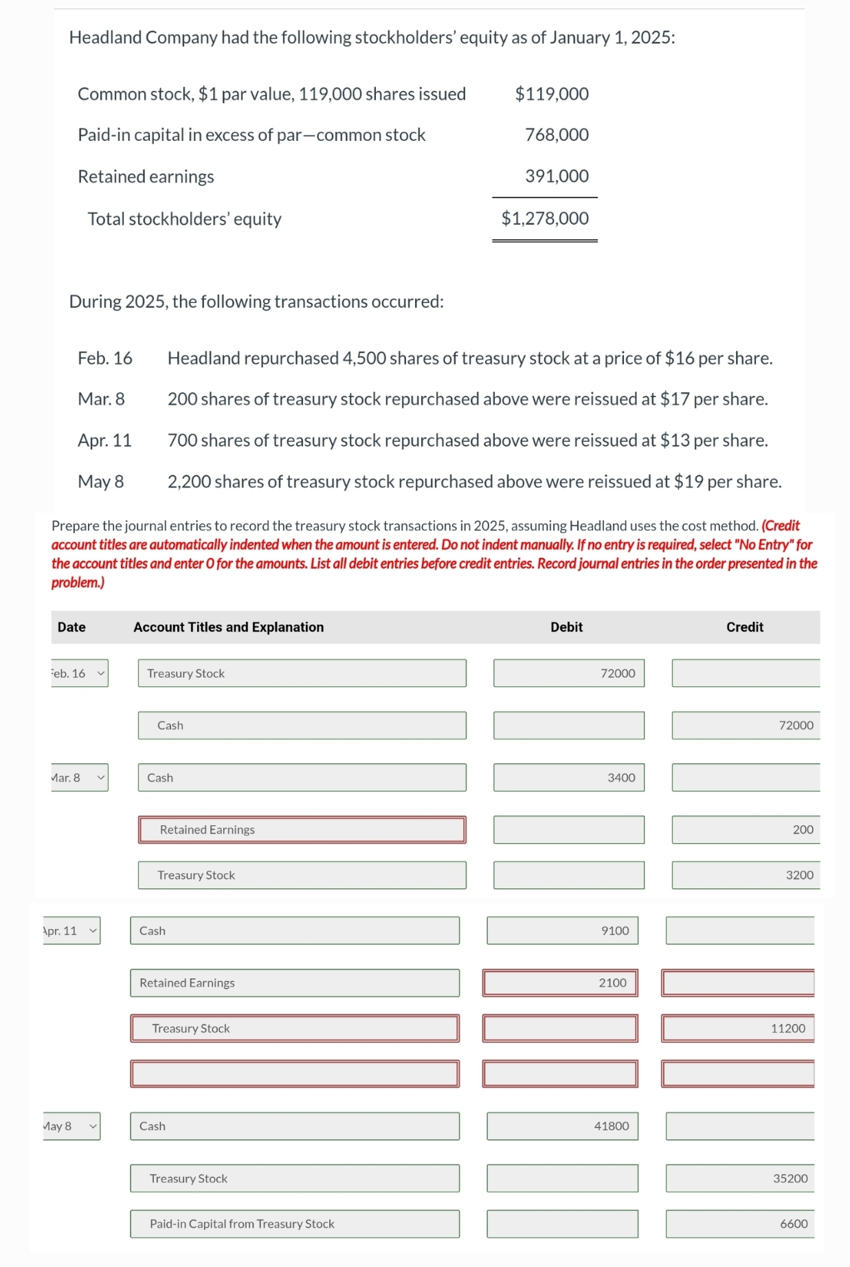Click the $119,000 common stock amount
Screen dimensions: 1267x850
click(551, 94)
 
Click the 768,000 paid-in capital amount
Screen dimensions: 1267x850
click(557, 135)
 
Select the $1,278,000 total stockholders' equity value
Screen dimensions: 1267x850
click(545, 218)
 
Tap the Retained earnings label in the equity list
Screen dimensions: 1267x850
click(146, 177)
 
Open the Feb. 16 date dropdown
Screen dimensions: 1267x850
click(79, 673)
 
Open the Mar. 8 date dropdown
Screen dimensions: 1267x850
click(79, 778)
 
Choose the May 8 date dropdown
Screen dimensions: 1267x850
click(71, 1126)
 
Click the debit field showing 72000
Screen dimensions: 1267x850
click(568, 673)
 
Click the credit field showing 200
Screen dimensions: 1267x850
click(746, 829)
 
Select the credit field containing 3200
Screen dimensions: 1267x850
click(746, 875)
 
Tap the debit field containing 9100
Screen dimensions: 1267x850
click(562, 930)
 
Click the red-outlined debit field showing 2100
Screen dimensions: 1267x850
click(559, 983)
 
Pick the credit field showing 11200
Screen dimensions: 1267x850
click(739, 1028)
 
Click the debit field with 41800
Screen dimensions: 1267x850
click(562, 1126)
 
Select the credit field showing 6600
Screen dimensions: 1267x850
click(739, 1224)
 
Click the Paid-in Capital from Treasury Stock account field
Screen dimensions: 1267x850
click(295, 1224)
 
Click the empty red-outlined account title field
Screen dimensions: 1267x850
click(295, 1073)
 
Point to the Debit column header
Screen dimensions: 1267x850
click(566, 627)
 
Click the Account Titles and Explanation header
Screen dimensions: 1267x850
click(228, 627)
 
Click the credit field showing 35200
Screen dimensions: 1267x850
click(739, 1178)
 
